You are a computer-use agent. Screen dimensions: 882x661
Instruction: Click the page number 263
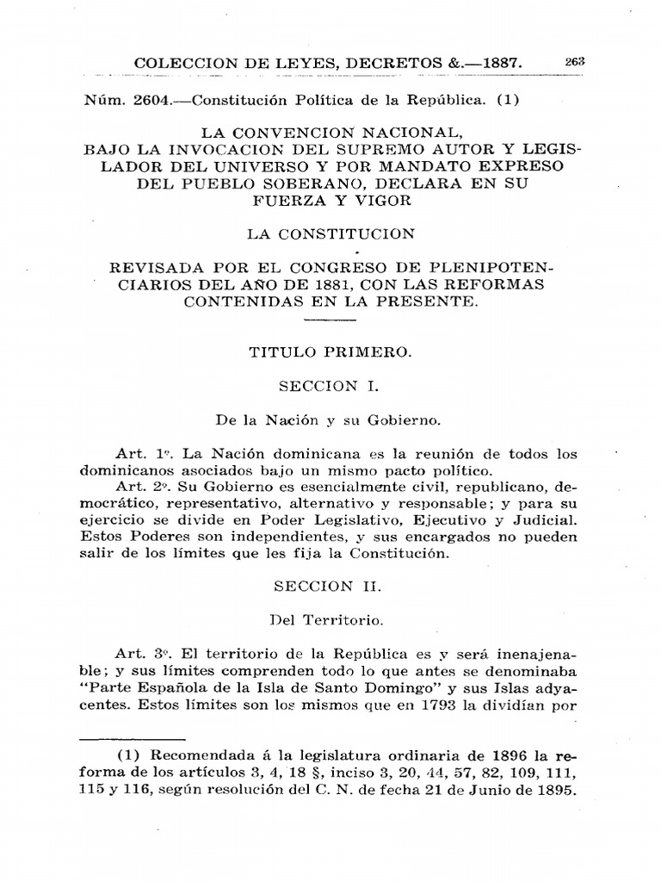coord(575,61)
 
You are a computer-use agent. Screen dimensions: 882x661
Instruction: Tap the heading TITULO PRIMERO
coord(330,351)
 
